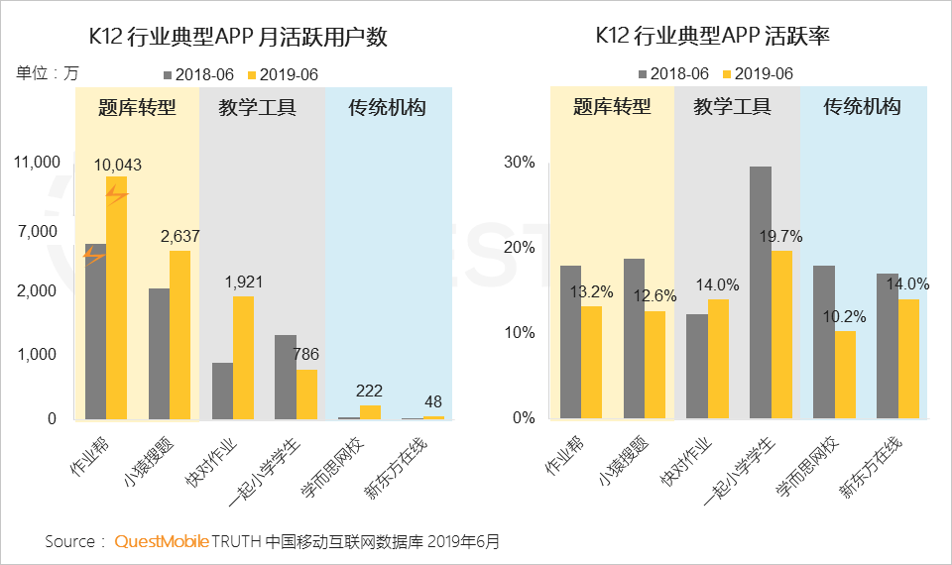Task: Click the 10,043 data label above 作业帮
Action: tap(118, 165)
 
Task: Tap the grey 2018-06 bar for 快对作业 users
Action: tap(222, 391)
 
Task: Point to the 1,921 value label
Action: tap(243, 282)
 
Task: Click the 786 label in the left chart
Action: tap(307, 354)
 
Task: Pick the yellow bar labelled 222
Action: tap(370, 411)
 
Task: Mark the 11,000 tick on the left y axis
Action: tap(38, 162)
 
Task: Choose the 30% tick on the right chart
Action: tap(522, 162)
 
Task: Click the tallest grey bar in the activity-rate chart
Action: tap(761, 292)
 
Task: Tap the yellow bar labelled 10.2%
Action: tap(845, 374)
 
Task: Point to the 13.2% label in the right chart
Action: tap(591, 292)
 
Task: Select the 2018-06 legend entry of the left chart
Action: tap(198, 74)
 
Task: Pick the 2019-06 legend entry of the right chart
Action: tap(759, 73)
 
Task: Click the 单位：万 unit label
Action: tap(47, 72)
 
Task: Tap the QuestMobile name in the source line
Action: tap(162, 541)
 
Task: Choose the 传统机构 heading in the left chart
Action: tap(387, 107)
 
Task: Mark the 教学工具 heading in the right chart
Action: tap(732, 107)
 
